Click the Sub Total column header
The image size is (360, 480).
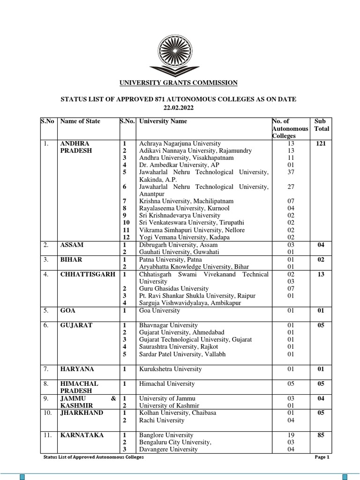(x=322, y=125)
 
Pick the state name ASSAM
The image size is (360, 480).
(x=72, y=245)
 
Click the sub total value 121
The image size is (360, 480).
(x=321, y=143)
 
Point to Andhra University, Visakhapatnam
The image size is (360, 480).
(x=186, y=158)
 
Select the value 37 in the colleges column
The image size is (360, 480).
(x=291, y=172)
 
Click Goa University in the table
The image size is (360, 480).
(x=159, y=310)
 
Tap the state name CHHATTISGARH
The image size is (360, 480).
(x=88, y=274)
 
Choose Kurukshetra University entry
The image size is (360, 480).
(x=171, y=369)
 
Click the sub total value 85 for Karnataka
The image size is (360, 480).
(x=321, y=435)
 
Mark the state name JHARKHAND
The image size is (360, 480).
(x=82, y=412)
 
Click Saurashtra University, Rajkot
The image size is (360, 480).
(x=179, y=346)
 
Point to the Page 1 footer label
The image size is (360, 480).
(x=322, y=457)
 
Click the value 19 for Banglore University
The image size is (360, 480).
(x=291, y=435)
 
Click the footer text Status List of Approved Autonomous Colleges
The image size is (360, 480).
(x=93, y=457)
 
